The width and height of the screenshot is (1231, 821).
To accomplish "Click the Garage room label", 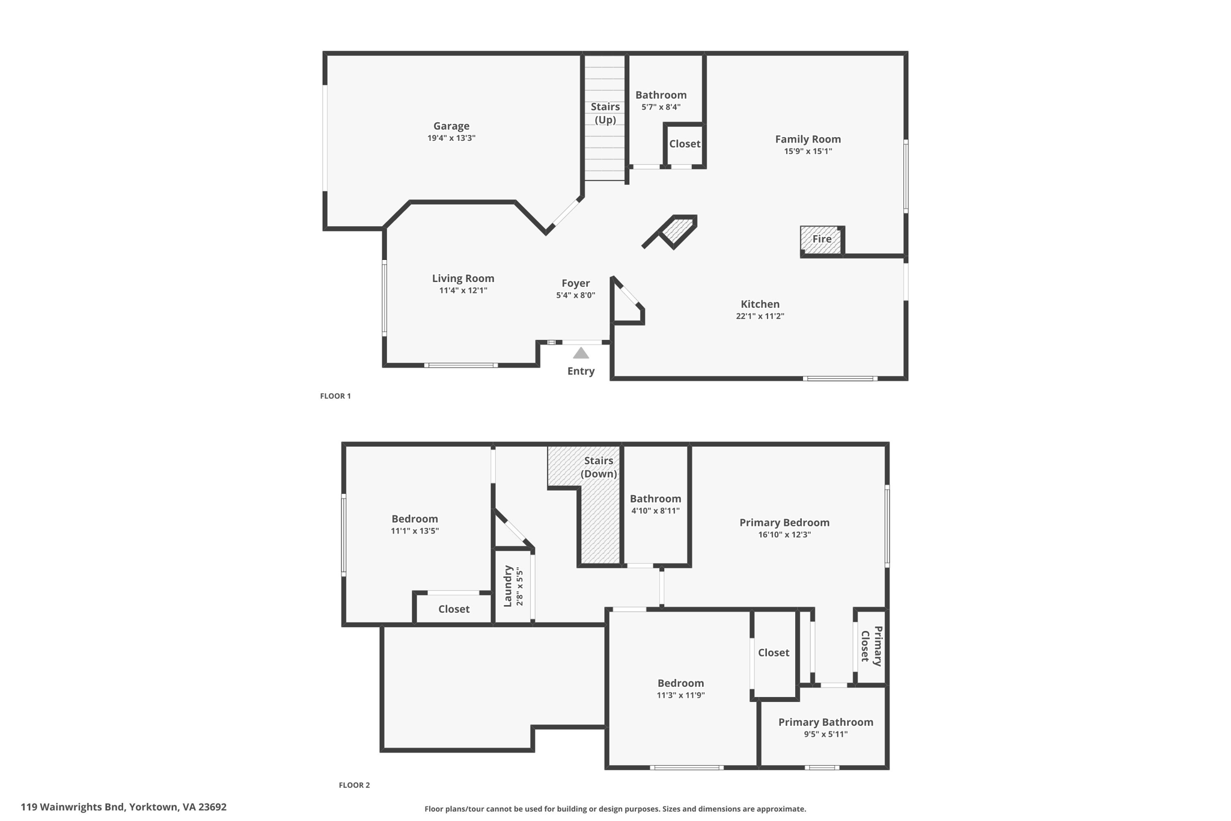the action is [x=451, y=126].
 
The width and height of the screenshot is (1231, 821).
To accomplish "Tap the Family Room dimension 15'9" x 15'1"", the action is [x=808, y=151].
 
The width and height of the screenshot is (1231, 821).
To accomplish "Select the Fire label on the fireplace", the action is [x=822, y=239].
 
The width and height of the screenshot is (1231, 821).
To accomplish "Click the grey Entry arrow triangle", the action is [x=581, y=353].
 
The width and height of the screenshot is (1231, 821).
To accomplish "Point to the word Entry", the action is [x=581, y=371].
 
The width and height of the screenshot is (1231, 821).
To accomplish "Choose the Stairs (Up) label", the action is [x=605, y=113].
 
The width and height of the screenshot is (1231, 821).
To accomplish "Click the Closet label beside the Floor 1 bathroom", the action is [x=685, y=144].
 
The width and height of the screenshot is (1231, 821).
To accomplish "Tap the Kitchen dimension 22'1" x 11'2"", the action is [x=760, y=316].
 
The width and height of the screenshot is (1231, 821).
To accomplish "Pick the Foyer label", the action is [x=576, y=283].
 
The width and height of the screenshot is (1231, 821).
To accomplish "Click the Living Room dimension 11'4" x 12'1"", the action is [x=463, y=291].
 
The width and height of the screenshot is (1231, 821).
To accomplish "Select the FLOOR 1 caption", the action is [x=335, y=396].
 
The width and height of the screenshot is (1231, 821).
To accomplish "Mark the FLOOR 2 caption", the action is [x=355, y=785].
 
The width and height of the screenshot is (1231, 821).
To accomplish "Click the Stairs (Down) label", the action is [x=599, y=467].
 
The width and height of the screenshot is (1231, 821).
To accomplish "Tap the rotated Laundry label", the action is [x=508, y=586].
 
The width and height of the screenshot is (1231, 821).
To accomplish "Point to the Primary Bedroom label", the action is [x=784, y=523].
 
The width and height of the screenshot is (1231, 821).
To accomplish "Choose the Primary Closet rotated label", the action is [x=872, y=647].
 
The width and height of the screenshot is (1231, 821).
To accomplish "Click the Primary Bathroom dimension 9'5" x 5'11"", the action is [x=826, y=734].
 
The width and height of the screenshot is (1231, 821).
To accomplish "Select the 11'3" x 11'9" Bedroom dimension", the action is [x=680, y=695].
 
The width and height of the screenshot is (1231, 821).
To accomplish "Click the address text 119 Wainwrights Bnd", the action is [x=72, y=807].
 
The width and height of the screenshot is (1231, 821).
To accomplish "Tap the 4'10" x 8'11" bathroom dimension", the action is [x=655, y=511].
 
